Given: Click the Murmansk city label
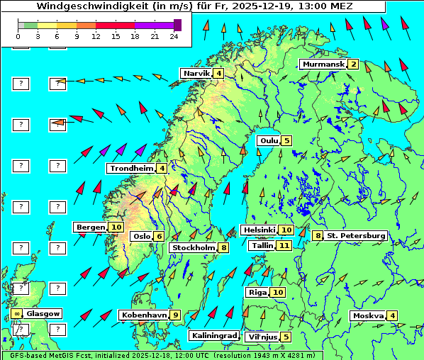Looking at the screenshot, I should click(323, 64).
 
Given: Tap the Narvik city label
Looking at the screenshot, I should click(196, 73).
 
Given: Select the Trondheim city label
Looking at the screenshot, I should click(131, 168).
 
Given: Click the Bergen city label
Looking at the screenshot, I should click(91, 227).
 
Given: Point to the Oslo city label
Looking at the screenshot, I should click(142, 236).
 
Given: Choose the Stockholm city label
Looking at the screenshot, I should click(194, 247).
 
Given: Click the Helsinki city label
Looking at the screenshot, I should click(259, 230).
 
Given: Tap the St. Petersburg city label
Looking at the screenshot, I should click(356, 235).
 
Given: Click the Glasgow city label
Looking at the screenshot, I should click(44, 313).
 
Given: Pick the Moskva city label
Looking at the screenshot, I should click(368, 315).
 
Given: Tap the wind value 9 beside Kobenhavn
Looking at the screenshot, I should click(175, 315).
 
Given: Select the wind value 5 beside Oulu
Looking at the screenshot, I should click(286, 140).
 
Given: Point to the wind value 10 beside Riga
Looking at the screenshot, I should click(278, 292).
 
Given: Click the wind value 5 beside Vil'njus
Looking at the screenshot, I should click(285, 337).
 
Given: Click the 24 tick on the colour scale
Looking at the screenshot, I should click(174, 35).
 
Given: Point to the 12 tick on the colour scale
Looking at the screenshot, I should click(96, 35).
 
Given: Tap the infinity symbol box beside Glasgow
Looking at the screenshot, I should click(16, 313).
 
